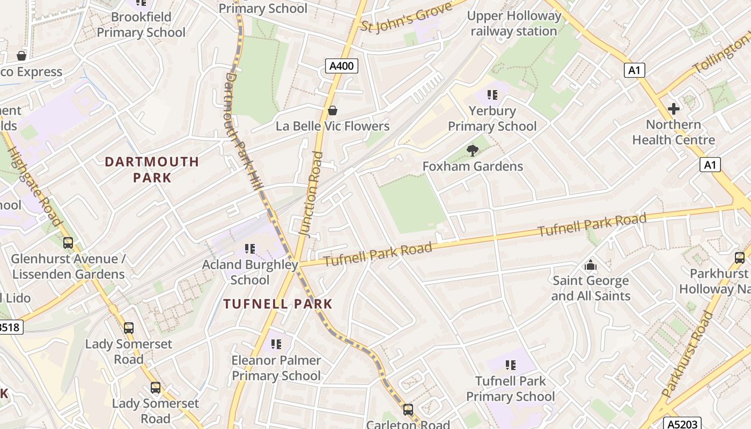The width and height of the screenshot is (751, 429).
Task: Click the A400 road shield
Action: pyautogui.click(x=341, y=66)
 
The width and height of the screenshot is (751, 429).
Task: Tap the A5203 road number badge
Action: pyautogui.click(x=681, y=424)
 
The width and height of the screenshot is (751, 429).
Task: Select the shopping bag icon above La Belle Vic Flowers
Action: pyautogui.click(x=333, y=110)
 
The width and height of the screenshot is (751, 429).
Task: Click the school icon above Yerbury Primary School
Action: pyautogui.click(x=492, y=95)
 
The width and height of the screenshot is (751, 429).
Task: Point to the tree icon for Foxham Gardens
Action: pyautogui.click(x=472, y=151)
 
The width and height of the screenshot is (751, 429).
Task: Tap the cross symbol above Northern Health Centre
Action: pyautogui.click(x=673, y=109)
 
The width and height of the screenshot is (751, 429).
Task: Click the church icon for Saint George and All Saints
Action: pyautogui.click(x=590, y=265)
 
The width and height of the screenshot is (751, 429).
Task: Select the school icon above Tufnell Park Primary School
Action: pyautogui.click(x=510, y=365)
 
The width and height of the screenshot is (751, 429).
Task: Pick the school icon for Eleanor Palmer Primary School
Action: pyautogui.click(x=276, y=344)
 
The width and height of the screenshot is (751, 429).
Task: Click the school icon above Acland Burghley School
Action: pyautogui.click(x=249, y=249)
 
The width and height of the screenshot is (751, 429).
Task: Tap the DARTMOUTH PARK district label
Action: pyautogui.click(x=152, y=169)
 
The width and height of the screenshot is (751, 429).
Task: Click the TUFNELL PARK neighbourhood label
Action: pyautogui.click(x=278, y=304)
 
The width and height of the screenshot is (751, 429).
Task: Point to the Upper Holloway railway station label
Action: pyautogui.click(x=513, y=24)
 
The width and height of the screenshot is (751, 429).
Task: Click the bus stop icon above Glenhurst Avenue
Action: pyautogui.click(x=68, y=243)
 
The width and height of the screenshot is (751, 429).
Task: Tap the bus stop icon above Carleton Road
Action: pyautogui.click(x=408, y=410)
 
